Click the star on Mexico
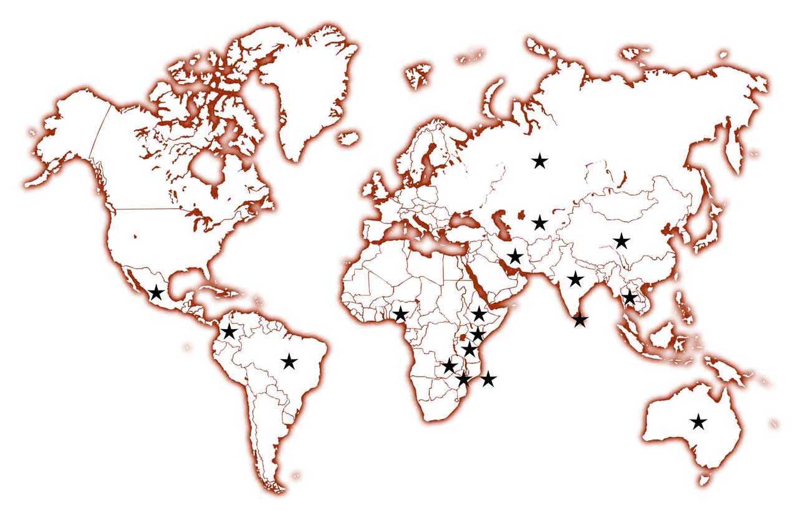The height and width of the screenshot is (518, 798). point(156,292)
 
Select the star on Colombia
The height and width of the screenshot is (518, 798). point(229,331)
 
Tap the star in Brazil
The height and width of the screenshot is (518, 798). point(289,361)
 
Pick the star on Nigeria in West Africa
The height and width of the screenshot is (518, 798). point(400,314)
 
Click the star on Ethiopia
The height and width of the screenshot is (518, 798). point(479,314)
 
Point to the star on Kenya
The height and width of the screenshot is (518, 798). point(478,335)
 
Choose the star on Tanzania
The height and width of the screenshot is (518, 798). point(469,350)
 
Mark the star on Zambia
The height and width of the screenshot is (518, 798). point(449,366)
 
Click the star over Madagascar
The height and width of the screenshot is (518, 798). point(488,378)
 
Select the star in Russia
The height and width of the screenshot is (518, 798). point(540,161)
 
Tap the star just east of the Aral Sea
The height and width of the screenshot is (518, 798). point(540,223)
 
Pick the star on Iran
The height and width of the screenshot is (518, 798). point(514,256)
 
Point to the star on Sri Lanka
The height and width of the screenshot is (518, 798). point(580,320)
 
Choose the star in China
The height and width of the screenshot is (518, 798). point(621,241)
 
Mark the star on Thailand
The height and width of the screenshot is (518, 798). point(630,297)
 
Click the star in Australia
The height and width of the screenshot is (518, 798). point(698,422)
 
